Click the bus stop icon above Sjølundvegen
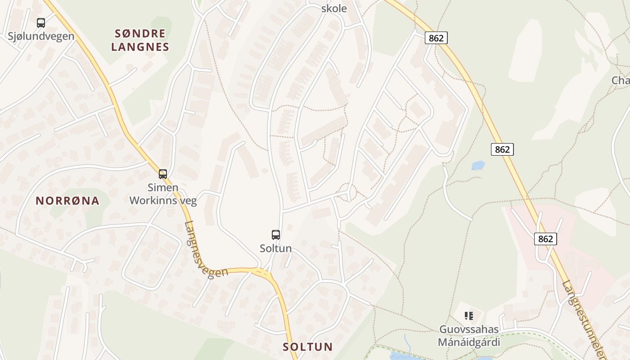[41, 22]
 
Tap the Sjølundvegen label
[41, 36]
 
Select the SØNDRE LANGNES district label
[140, 40]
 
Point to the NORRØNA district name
[67, 201]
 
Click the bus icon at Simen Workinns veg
[163, 174]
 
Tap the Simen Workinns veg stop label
[163, 194]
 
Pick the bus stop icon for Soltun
[276, 234]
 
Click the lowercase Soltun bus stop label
[276, 248]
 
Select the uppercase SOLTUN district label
[308, 347]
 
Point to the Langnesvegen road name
[205, 250]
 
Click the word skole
[334, 9]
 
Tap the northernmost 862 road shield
[436, 38]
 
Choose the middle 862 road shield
[502, 149]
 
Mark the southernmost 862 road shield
[545, 238]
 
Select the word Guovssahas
[469, 329]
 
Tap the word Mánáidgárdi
[469, 342]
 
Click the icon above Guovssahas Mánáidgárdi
[469, 316]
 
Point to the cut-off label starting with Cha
[621, 81]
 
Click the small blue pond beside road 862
[478, 166]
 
